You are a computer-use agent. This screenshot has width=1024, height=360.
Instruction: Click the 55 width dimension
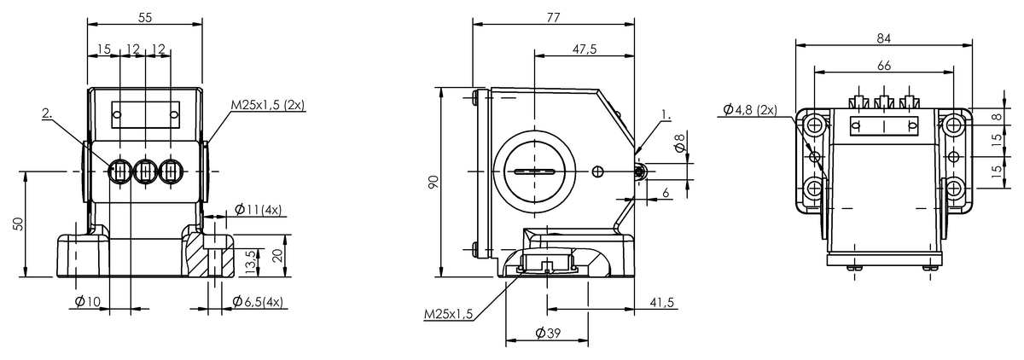point(145,16)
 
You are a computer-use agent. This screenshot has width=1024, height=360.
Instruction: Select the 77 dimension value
point(554,16)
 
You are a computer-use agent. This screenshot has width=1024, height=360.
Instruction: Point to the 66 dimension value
point(883,66)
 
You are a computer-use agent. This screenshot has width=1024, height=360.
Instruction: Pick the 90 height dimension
point(433,183)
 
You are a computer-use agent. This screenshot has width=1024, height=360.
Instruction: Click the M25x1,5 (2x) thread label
point(268,106)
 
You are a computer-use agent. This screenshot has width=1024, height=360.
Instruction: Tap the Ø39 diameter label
point(546,333)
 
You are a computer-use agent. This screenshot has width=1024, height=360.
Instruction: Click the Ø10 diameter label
point(87,301)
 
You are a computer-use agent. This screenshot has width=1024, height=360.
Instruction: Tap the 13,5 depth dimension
point(250,259)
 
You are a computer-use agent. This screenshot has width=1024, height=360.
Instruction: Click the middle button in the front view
point(146,171)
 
